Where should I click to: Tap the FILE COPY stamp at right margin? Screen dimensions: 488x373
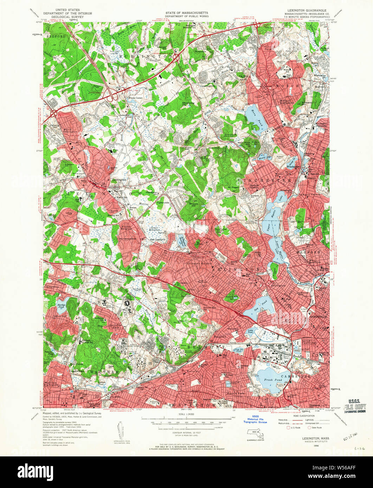(x=356, y=406)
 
